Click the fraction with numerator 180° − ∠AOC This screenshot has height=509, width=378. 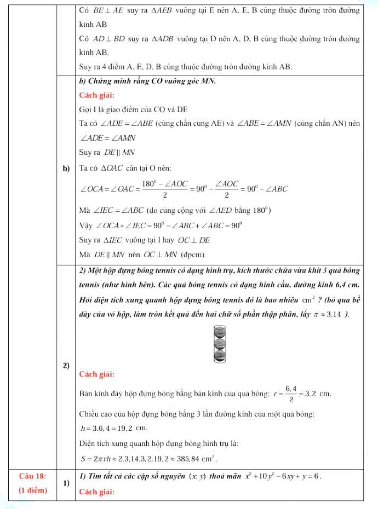[165, 189]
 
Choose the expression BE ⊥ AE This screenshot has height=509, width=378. [109, 10]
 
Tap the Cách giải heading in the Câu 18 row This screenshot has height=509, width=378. [97, 490]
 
